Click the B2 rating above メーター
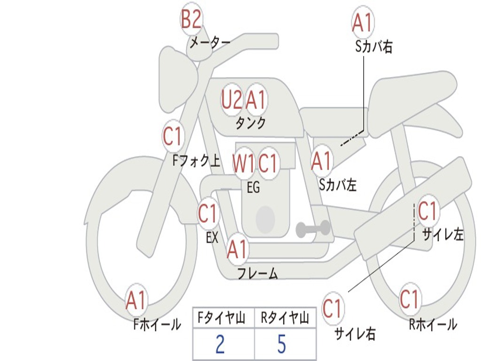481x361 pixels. point(191,19)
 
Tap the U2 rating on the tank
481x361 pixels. point(231,99)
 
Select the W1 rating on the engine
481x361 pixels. point(243,163)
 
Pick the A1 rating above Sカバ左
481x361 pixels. point(321,161)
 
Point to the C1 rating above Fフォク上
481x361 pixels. point(172,136)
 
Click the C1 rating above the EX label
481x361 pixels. point(208,213)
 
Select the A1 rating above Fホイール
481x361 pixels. point(136,300)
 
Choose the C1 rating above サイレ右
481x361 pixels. point(332,308)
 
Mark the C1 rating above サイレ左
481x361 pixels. point(427,211)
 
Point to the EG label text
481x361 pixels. point(253,187)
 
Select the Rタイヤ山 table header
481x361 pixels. point(285,318)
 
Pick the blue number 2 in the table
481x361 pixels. point(220,344)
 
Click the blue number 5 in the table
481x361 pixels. point(282,344)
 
